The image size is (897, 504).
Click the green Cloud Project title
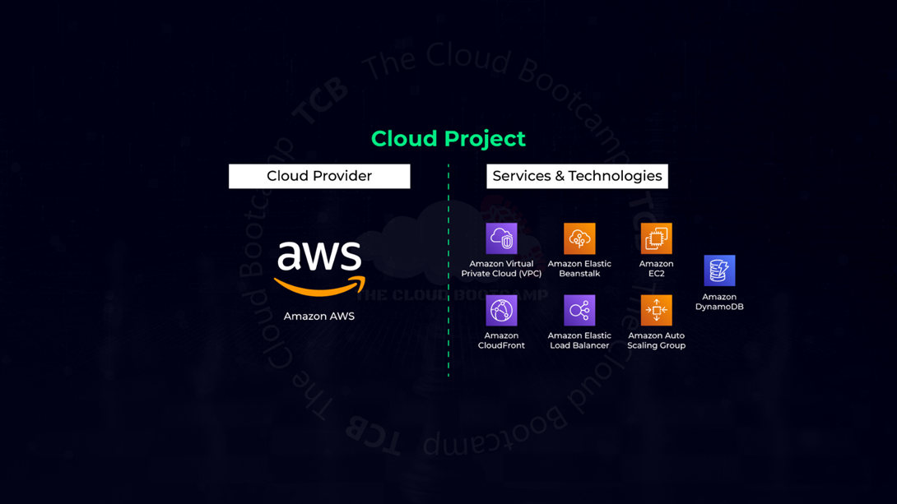tap(448, 139)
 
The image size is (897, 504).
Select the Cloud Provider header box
tap(319, 176)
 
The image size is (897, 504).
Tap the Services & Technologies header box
tap(577, 176)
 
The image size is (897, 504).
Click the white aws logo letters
tap(319, 256)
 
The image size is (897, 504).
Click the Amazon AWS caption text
tap(319, 317)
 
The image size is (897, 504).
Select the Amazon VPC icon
tap(501, 238)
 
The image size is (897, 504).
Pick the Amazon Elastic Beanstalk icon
tap(579, 238)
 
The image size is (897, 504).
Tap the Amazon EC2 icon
tap(656, 238)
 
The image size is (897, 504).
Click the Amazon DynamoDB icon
tap(719, 270)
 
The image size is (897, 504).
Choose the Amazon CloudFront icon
tap(501, 311)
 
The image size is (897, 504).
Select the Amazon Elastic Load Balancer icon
tap(579, 311)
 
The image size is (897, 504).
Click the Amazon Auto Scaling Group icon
tap(656, 311)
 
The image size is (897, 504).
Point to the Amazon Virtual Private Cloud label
tap(501, 269)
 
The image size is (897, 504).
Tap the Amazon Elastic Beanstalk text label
tap(579, 269)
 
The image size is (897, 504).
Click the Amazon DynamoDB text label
tap(719, 302)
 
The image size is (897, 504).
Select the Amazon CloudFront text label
tap(501, 340)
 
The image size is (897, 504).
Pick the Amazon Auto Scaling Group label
tap(656, 340)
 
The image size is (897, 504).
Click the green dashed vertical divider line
tap(448, 271)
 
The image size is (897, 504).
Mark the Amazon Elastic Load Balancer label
tap(579, 340)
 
